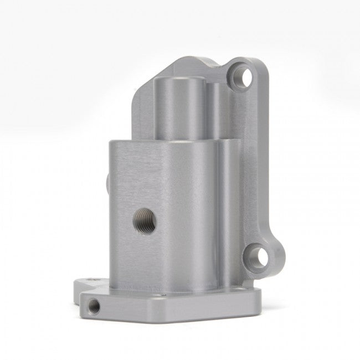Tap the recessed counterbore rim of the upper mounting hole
tap(236, 73)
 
